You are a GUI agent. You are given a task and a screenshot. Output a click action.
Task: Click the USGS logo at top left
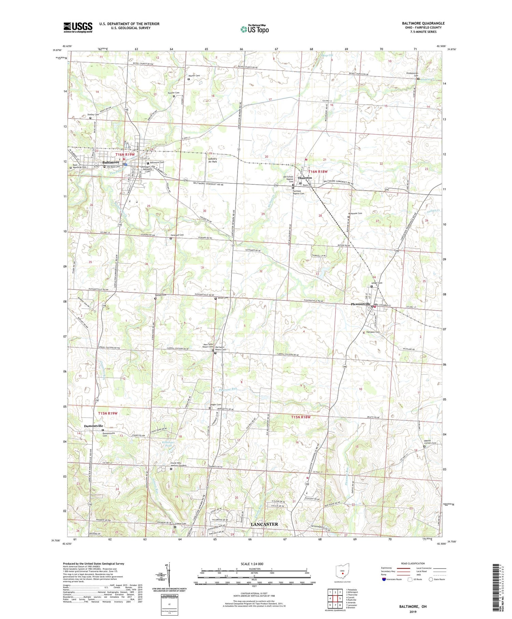pos(78,27)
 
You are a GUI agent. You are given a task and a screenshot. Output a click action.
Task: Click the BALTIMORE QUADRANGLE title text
pos(423,23)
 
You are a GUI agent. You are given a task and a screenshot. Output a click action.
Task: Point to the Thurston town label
pos(304,178)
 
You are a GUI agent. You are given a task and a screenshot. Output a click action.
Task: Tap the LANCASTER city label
pos(264,524)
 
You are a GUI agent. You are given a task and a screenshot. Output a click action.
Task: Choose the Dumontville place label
pos(94,426)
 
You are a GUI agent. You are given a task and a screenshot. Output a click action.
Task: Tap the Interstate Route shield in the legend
pos(385,579)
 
